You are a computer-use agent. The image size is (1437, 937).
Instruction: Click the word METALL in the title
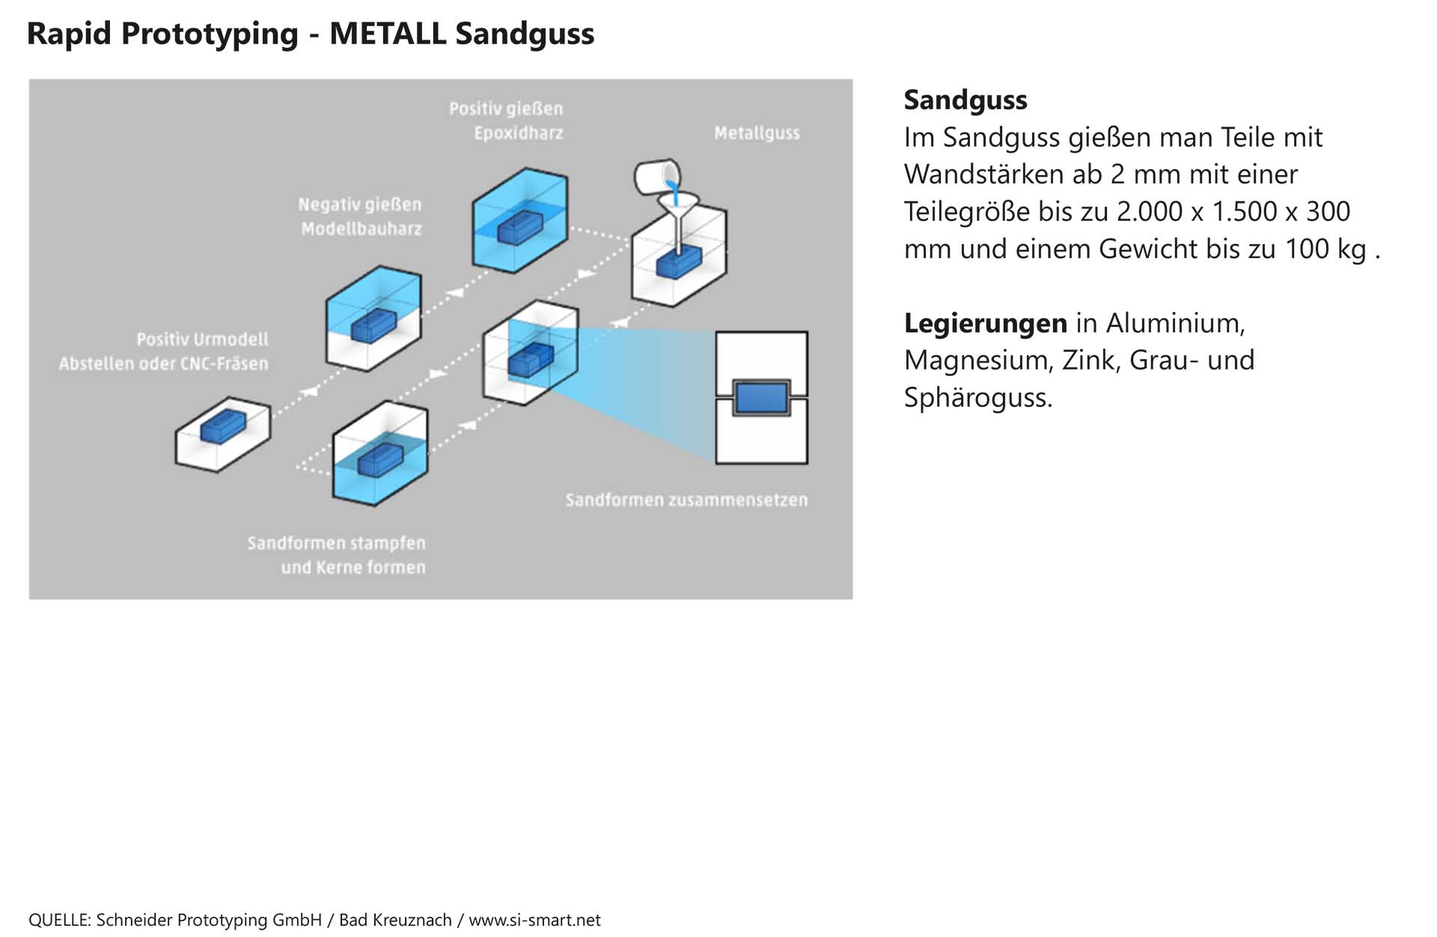(387, 34)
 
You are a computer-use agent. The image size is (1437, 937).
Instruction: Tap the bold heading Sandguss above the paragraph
(965, 100)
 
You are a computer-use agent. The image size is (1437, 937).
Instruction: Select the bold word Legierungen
(985, 323)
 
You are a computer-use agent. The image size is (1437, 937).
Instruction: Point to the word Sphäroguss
(977, 397)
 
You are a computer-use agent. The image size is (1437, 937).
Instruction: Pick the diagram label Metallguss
(757, 133)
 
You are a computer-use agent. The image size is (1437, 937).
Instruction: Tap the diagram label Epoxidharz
(518, 133)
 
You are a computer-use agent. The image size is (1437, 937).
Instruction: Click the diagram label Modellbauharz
(361, 229)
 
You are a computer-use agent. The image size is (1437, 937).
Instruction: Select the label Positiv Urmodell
(202, 340)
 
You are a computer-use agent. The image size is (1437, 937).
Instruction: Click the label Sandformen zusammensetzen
(686, 500)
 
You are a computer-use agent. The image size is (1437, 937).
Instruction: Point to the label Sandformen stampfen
(336, 543)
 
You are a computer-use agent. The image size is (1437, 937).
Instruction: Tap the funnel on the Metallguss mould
(677, 207)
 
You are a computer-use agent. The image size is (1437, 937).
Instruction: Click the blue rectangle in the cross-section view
(761, 397)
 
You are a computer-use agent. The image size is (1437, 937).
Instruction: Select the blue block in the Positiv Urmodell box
(223, 427)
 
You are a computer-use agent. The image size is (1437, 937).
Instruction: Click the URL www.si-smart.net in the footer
(534, 921)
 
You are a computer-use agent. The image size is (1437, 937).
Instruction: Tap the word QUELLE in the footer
(59, 921)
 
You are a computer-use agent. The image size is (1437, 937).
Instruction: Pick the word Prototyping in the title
(209, 34)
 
